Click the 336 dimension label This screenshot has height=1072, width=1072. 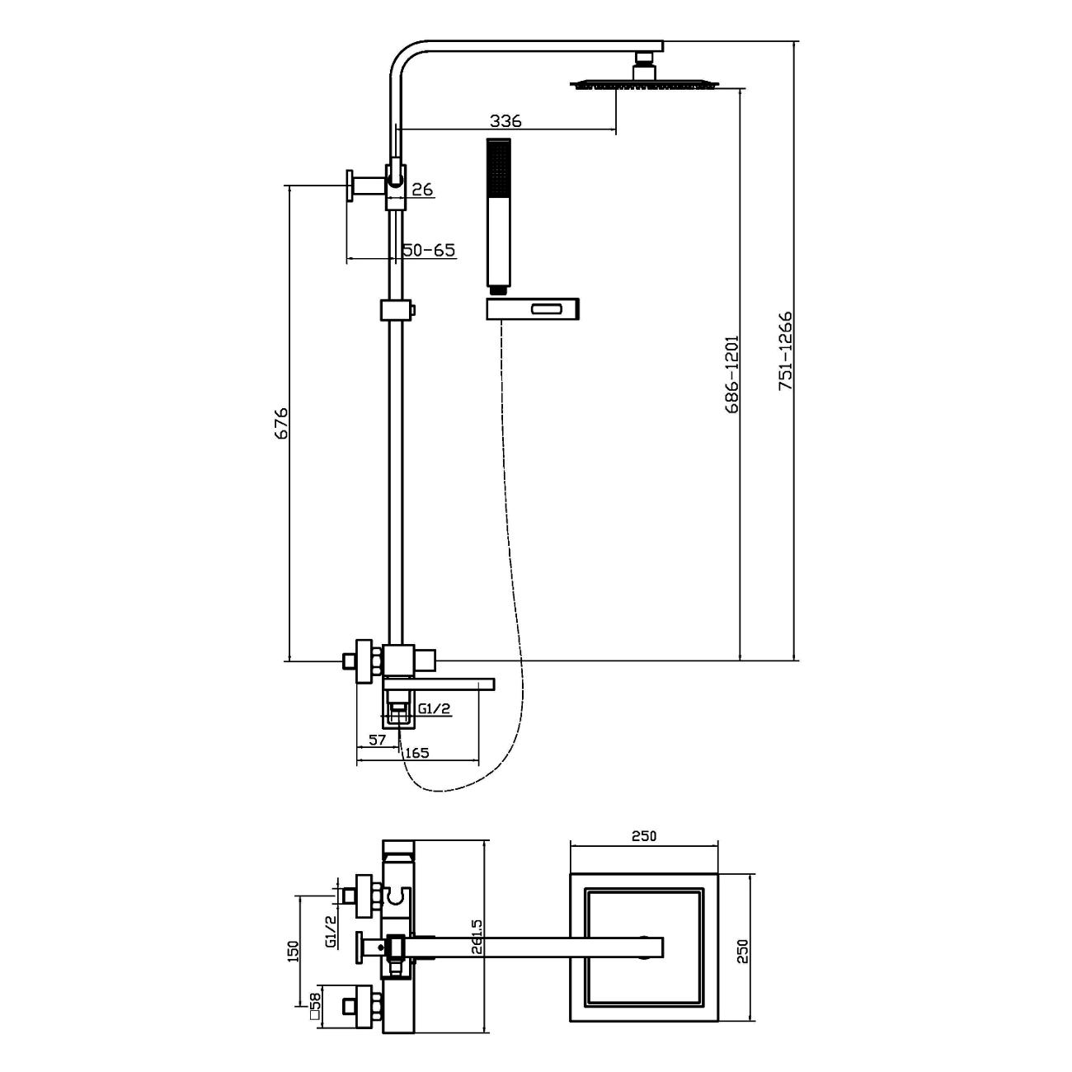(505, 120)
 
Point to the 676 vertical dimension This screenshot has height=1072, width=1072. (282, 422)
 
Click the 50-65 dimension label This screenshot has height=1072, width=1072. (429, 250)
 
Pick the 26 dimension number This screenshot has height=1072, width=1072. (422, 190)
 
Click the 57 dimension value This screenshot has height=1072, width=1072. (378, 740)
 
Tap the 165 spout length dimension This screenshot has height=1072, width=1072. (417, 753)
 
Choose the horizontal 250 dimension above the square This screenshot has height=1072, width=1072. (643, 835)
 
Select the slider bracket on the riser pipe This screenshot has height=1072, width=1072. (397, 310)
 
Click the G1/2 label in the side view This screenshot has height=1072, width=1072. (435, 708)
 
